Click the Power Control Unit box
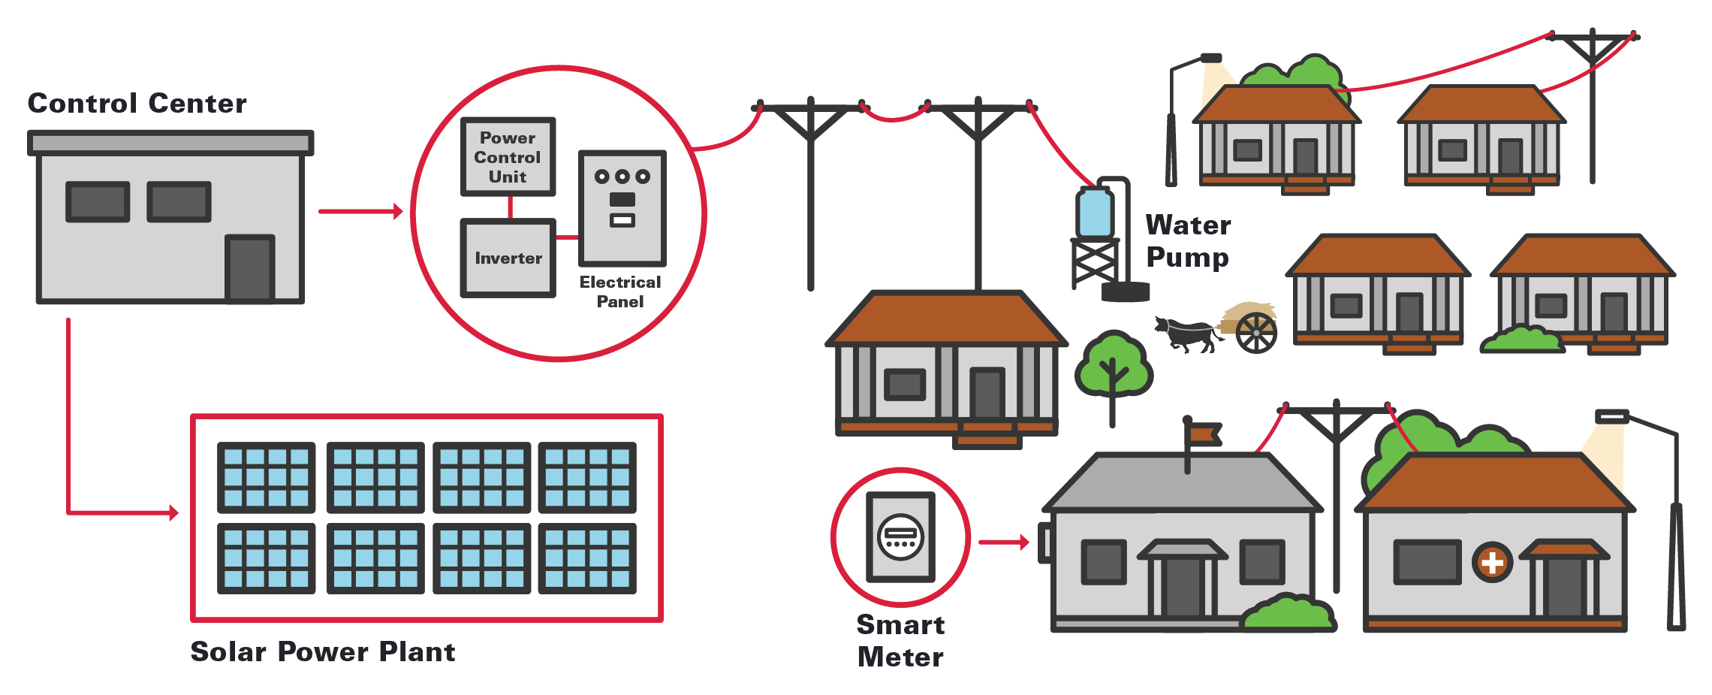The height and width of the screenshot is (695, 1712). [508, 157]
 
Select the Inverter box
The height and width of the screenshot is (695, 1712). [508, 258]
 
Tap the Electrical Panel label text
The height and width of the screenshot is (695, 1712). [619, 292]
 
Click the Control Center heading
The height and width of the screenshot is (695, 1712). [137, 104]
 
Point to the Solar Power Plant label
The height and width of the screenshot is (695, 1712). [322, 651]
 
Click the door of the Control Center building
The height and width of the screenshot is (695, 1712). [250, 268]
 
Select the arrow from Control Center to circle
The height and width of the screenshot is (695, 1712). [360, 212]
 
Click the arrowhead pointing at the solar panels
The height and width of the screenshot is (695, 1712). [173, 513]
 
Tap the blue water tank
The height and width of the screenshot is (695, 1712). [1094, 213]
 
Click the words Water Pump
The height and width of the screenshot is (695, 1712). [1188, 240]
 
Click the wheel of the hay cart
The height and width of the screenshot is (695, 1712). [1256, 333]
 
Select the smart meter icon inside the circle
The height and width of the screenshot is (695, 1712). [900, 536]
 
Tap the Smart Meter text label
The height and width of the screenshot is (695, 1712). [900, 641]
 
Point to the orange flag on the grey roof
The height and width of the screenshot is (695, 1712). [1204, 434]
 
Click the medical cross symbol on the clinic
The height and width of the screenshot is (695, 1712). [1492, 562]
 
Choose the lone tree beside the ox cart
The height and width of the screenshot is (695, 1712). [1113, 367]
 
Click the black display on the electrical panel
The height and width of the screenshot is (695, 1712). [622, 200]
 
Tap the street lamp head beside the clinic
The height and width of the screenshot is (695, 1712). [1611, 416]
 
